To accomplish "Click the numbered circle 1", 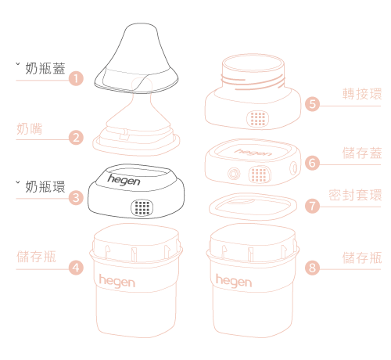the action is pos(76,78).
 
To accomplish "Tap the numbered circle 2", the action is pos(76,138).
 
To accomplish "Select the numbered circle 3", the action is pos(76,198).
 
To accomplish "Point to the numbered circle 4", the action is pos(76,268).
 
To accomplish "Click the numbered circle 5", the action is pos(312,104).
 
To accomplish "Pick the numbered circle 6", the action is pos(312,163).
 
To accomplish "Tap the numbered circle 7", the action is pos(312,206).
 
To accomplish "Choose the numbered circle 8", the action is pos(312,268).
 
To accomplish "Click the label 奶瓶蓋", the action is pos(45,68).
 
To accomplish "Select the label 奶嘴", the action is pos(29,128).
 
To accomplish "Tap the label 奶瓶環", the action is pos(45,187).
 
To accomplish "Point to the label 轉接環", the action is pos(362,94).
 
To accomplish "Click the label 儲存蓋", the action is pos(362,153).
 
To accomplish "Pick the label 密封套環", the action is pos(355,195).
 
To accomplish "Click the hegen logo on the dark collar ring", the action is pos(124,180).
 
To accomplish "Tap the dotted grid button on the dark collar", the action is pos(142,207).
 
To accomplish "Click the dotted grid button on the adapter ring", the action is pos(257,119).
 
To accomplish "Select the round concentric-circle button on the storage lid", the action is pos(234,174).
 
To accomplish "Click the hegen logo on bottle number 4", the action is pos(117,282).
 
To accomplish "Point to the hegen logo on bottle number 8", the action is pos(234,282).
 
